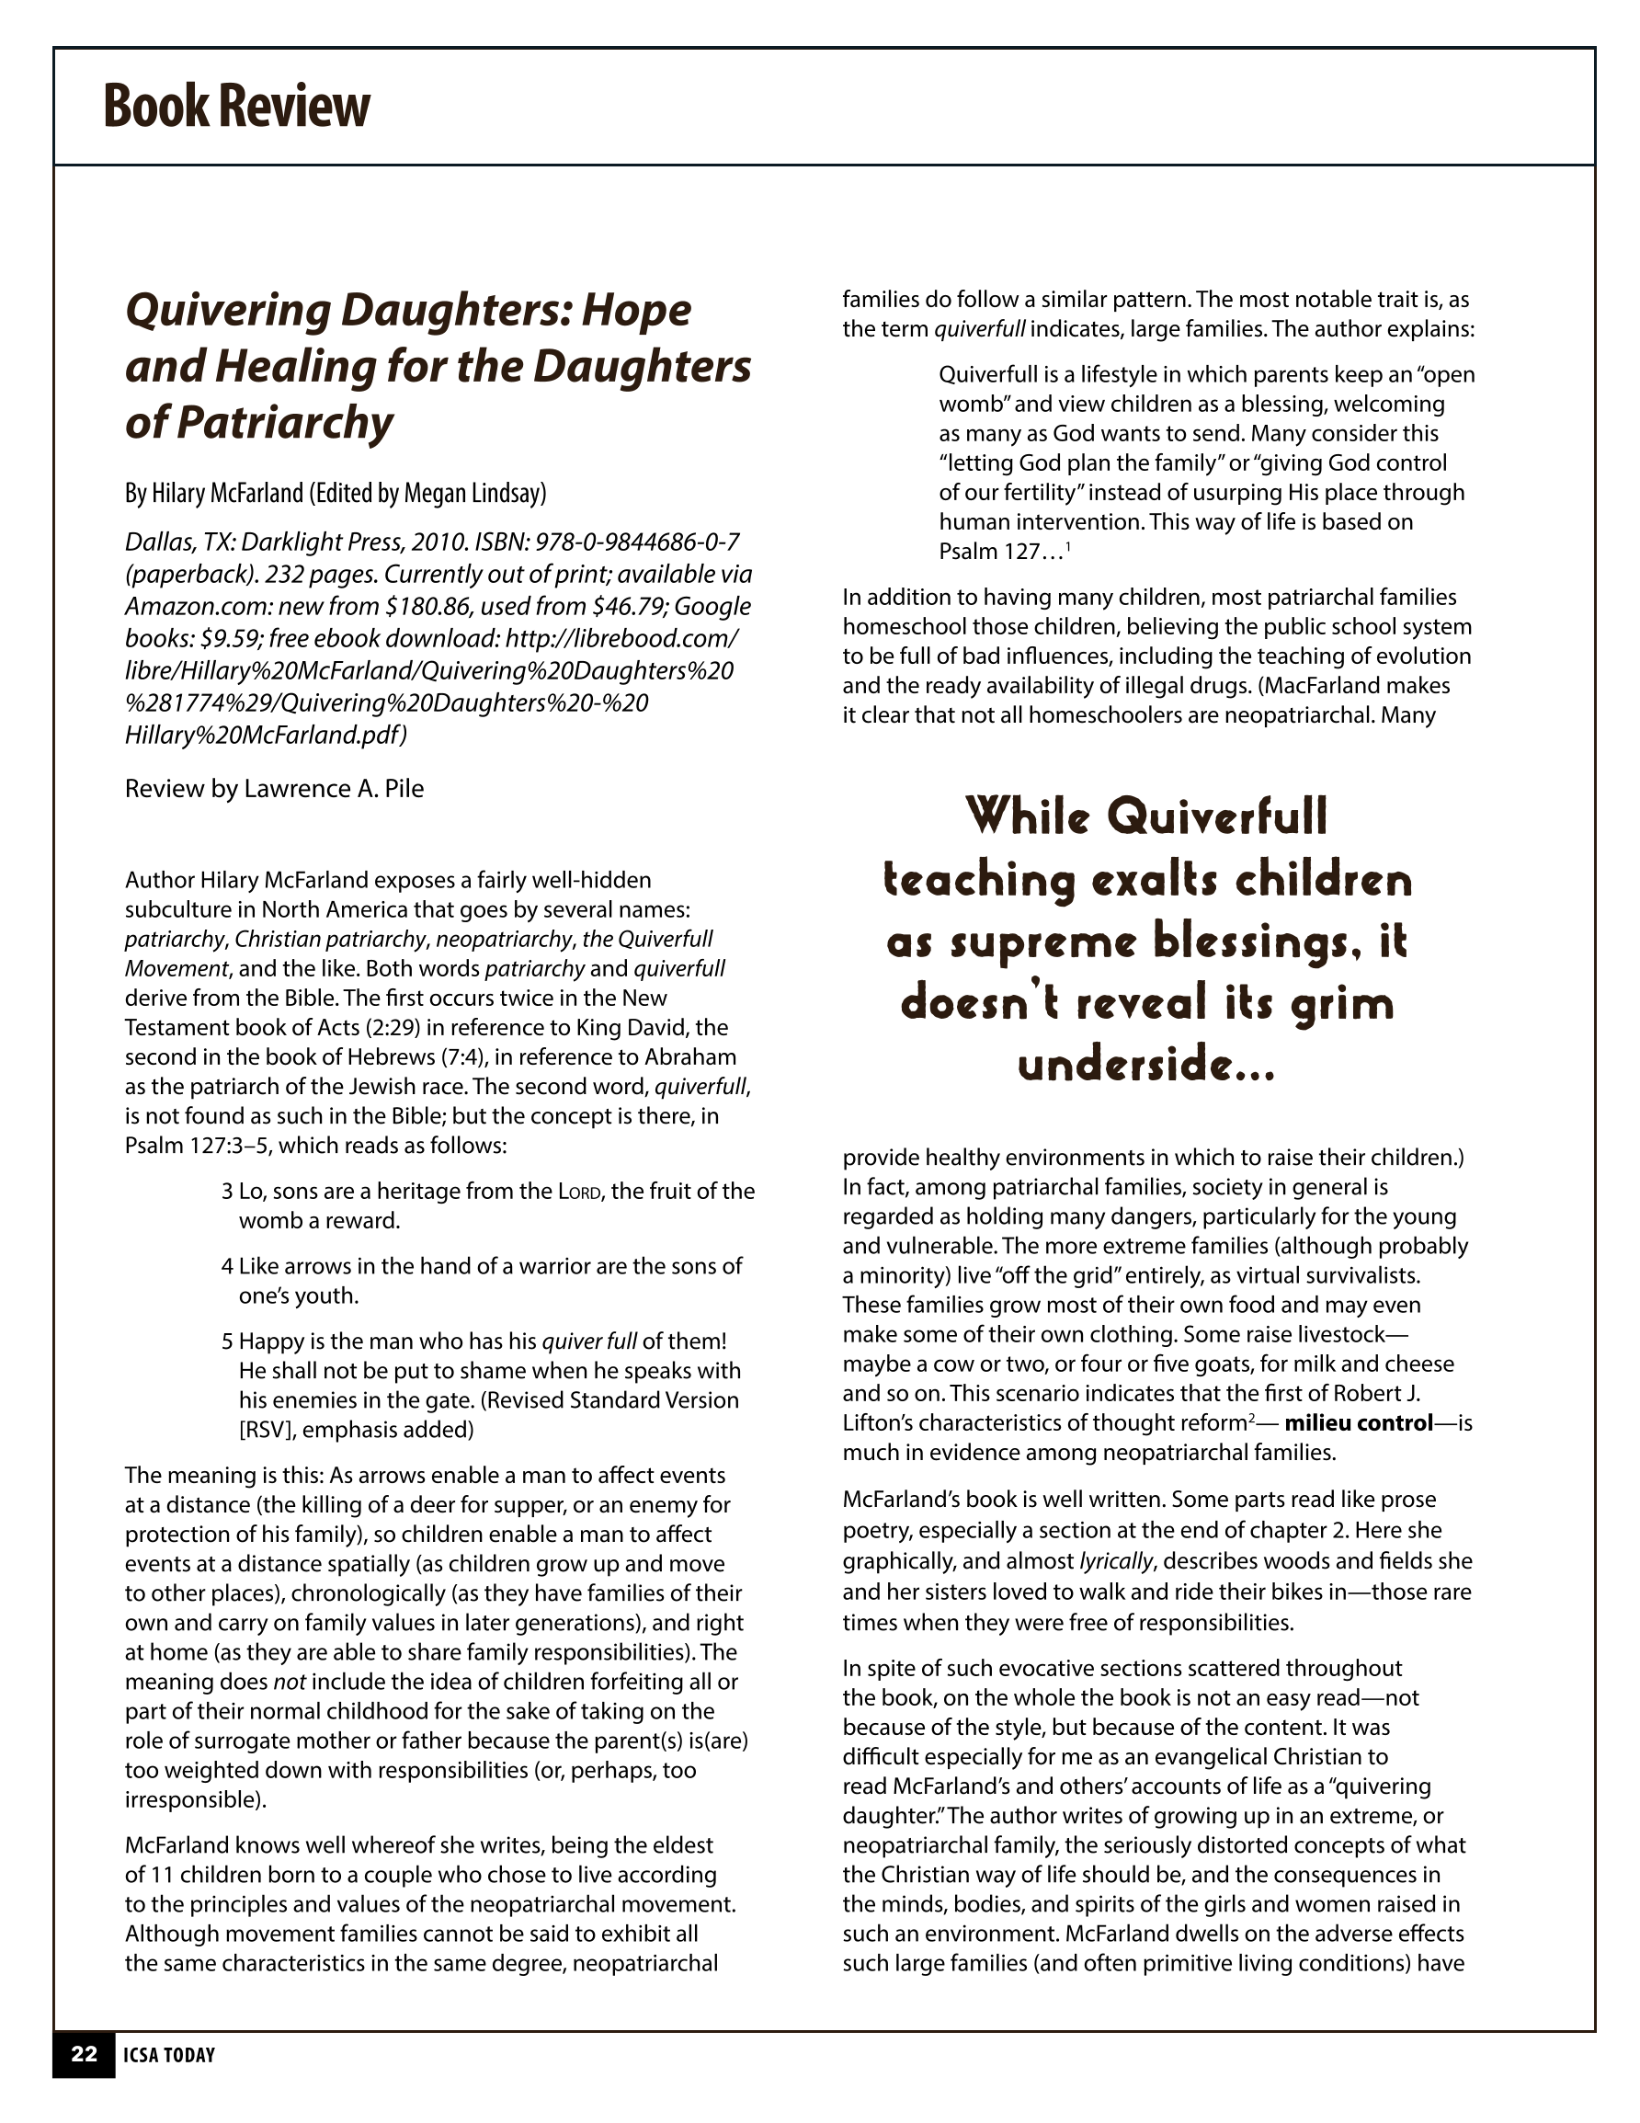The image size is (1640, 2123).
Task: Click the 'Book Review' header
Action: pos(236,106)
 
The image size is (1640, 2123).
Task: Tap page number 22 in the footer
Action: pos(84,2054)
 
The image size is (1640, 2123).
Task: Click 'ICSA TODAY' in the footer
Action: pos(168,2055)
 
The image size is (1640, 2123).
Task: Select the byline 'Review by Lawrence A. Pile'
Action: pos(274,788)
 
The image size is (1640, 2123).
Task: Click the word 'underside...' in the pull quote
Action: pos(1146,1066)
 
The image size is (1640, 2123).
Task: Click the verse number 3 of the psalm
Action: pos(227,1192)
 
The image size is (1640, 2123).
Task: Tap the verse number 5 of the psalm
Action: pos(227,1342)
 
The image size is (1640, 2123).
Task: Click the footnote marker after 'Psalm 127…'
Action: pos(1068,547)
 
